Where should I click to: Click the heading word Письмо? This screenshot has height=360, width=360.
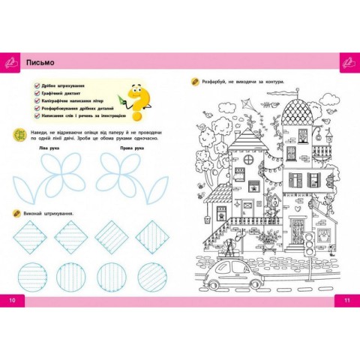click(38, 62)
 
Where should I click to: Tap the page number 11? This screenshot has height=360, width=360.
click(347, 301)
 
